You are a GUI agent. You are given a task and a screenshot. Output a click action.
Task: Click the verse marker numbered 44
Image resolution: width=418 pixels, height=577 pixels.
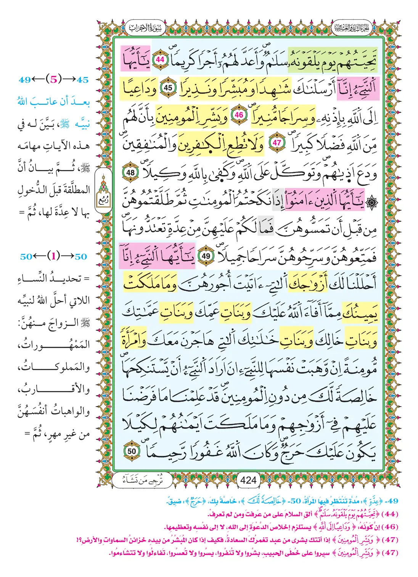coord(160,59)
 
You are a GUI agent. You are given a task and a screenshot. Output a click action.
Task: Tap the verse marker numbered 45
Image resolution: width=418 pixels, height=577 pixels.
coord(168,88)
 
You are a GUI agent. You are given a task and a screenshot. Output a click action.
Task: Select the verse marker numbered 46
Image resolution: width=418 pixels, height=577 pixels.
coord(239,115)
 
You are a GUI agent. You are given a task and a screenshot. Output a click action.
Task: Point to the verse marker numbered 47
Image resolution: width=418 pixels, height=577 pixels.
coord(277,143)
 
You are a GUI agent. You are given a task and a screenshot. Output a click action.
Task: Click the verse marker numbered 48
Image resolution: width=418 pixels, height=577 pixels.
coord(130,172)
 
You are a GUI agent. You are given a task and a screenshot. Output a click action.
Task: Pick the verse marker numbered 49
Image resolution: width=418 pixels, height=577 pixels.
coord(206,256)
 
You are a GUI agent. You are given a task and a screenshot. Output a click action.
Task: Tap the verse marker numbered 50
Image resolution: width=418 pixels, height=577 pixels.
coord(132,451)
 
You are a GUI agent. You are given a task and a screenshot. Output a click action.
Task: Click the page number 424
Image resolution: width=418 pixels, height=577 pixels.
coord(248,480)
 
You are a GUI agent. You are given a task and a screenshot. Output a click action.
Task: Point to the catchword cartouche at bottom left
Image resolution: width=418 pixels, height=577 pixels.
coord(143,480)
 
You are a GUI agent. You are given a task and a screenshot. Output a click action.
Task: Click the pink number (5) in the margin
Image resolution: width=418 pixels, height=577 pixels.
coord(53,79)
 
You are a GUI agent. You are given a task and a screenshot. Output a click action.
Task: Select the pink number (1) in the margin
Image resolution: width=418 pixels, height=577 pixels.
coord(53,256)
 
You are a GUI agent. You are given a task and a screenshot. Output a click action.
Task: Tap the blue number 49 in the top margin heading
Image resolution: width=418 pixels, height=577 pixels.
coord(25,80)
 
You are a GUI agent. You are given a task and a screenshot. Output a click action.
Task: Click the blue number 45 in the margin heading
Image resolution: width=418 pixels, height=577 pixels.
coord(83,80)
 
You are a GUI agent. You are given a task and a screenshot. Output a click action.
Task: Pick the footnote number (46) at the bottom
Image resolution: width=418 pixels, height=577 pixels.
coord(390,527)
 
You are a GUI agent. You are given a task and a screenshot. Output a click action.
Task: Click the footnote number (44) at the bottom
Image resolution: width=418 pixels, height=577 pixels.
coord(390,514)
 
